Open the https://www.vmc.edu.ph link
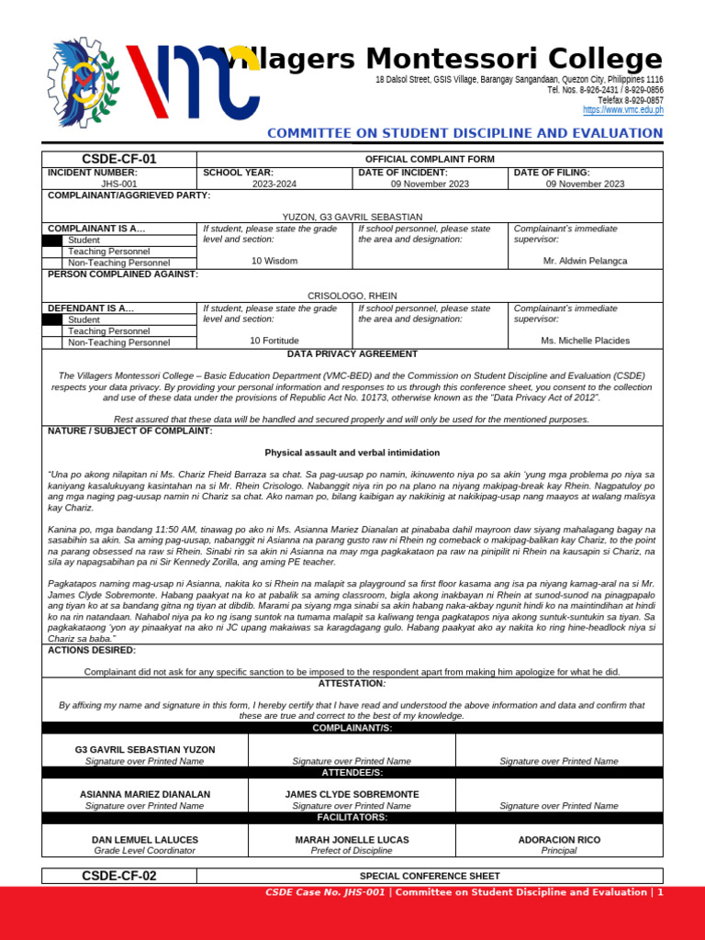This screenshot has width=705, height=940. [623, 110]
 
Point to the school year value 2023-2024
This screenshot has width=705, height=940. [274, 184]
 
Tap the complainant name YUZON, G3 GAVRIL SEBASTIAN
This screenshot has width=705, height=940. [352, 217]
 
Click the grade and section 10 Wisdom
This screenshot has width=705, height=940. [274, 261]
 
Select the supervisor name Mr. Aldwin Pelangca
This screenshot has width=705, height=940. [586, 261]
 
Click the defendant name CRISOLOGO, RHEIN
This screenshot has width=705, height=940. [352, 296]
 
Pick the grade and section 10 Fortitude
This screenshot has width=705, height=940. [274, 341]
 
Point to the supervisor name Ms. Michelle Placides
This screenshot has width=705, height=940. [586, 341]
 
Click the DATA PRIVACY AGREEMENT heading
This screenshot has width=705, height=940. [352, 353]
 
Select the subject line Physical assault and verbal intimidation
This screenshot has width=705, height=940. [352, 453]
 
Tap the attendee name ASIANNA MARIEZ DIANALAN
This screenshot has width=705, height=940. [144, 794]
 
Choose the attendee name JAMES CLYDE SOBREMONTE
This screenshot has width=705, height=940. [352, 794]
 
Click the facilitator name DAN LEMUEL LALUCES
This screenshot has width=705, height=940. [144, 840]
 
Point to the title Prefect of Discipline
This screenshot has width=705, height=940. [352, 851]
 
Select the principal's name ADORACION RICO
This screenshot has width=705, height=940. [558, 840]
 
